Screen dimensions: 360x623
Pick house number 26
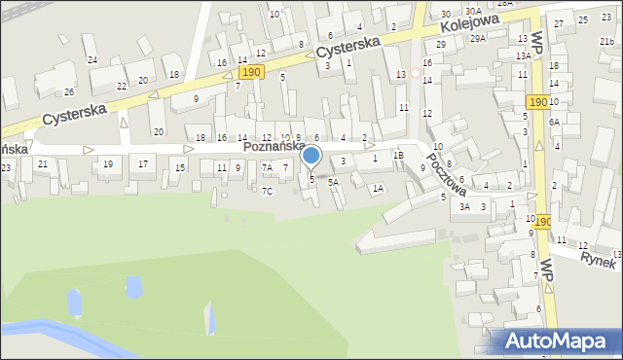click(69, 92)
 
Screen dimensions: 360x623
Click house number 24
click(92, 60)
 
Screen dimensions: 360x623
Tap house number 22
click(122, 86)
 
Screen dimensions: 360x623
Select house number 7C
click(267, 191)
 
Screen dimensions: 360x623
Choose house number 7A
click(266, 168)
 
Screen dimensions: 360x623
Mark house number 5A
click(333, 182)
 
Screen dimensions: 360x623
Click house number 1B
click(398, 156)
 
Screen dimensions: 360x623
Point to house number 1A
click(377, 188)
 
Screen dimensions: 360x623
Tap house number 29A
click(478, 39)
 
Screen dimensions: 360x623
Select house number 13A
click(523, 56)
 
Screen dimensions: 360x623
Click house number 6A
click(553, 123)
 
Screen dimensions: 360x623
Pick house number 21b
click(606, 41)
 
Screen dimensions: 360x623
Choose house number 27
click(558, 23)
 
